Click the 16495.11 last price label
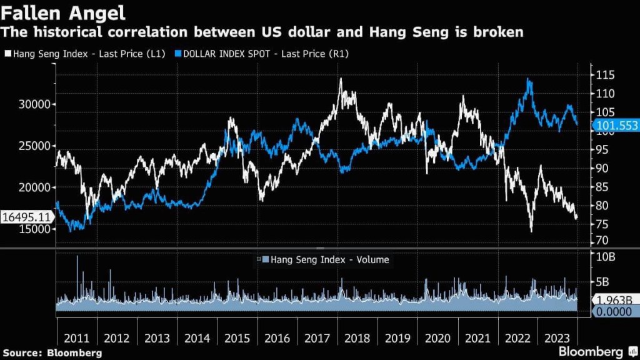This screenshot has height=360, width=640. click(x=26, y=217)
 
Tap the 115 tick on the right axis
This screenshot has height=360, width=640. click(x=605, y=75)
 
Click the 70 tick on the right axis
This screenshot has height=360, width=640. click(x=602, y=241)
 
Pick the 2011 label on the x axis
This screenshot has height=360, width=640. click(x=76, y=337)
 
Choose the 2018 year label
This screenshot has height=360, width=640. click(x=358, y=337)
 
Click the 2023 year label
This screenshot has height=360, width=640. click(x=558, y=337)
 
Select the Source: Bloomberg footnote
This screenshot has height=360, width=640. click(x=52, y=352)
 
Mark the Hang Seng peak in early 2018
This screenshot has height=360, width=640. click(x=341, y=79)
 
